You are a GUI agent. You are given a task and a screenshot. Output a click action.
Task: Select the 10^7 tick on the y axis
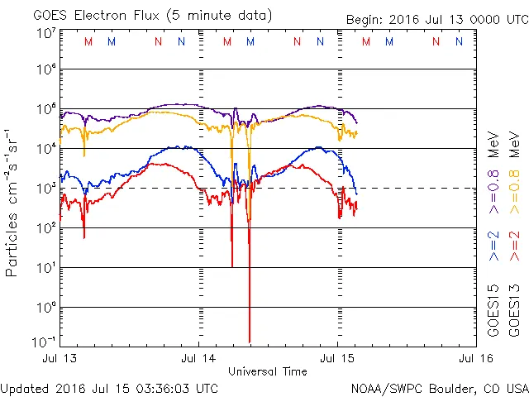coord(45,33)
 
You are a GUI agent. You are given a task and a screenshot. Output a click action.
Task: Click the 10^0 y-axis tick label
coord(45,307)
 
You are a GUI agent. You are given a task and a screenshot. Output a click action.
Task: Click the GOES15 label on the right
coord(493,311)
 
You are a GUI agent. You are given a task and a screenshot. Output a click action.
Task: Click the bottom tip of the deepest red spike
coord(250,341)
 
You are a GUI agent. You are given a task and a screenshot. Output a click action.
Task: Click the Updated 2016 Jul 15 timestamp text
coord(110,388)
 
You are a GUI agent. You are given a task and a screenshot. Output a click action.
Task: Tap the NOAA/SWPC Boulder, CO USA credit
coord(439,388)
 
